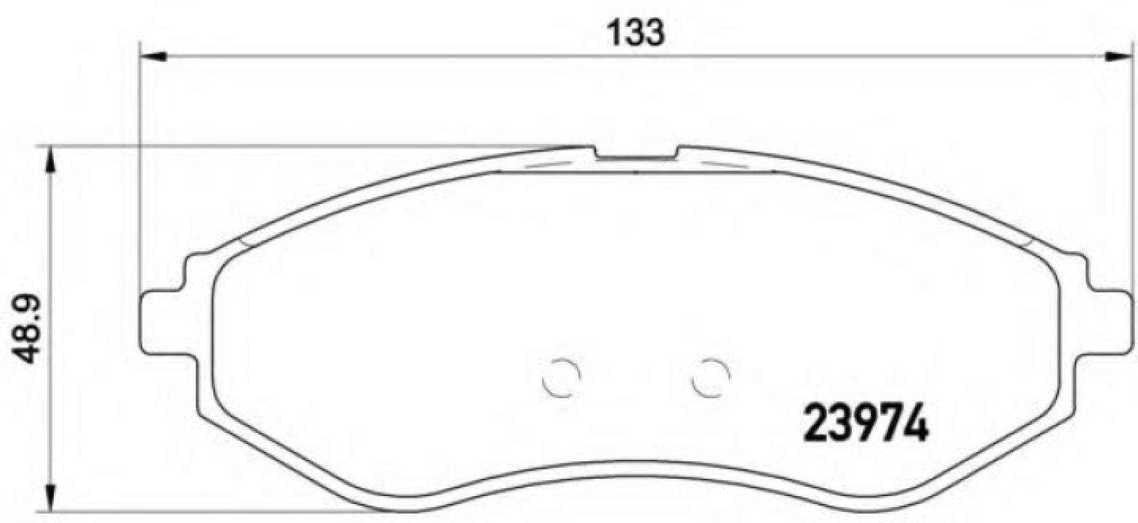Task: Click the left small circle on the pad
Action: tap(562, 378)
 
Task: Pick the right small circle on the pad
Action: tap(710, 378)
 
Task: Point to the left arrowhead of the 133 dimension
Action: tap(153, 56)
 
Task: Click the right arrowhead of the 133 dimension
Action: tap(1119, 56)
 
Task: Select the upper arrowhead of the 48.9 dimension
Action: tap(49, 160)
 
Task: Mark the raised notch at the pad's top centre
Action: tap(636, 153)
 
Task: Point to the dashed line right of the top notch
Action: tap(723, 163)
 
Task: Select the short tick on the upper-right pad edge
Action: tap(1027, 240)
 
